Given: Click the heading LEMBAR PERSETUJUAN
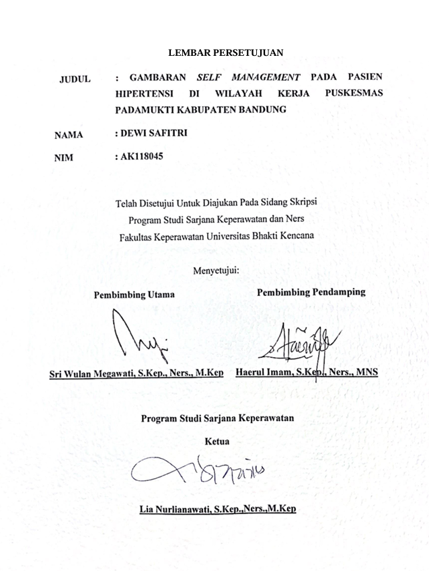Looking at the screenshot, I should (x=225, y=52).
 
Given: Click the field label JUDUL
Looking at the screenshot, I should (x=75, y=79).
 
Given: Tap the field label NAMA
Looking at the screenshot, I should (x=69, y=135).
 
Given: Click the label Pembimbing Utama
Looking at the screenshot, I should (x=134, y=295).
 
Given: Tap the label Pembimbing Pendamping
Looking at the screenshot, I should (x=311, y=292).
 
